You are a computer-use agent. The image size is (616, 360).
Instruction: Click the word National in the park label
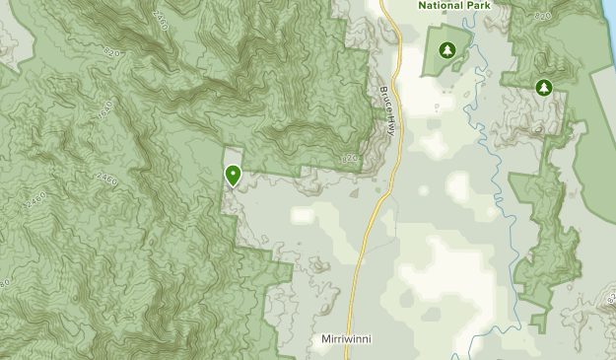click(440, 5)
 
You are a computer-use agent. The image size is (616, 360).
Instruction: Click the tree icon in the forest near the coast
click(542, 88)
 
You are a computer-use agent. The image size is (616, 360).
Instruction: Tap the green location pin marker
click(234, 176)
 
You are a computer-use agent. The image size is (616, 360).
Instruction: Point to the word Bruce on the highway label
click(384, 100)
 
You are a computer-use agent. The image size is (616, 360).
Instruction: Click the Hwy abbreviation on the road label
click(392, 124)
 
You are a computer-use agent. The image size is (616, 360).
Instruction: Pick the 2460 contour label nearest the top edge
click(157, 18)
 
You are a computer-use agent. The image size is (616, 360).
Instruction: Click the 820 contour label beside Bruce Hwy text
click(351, 158)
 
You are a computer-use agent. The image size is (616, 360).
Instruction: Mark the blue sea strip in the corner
click(608, 12)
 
